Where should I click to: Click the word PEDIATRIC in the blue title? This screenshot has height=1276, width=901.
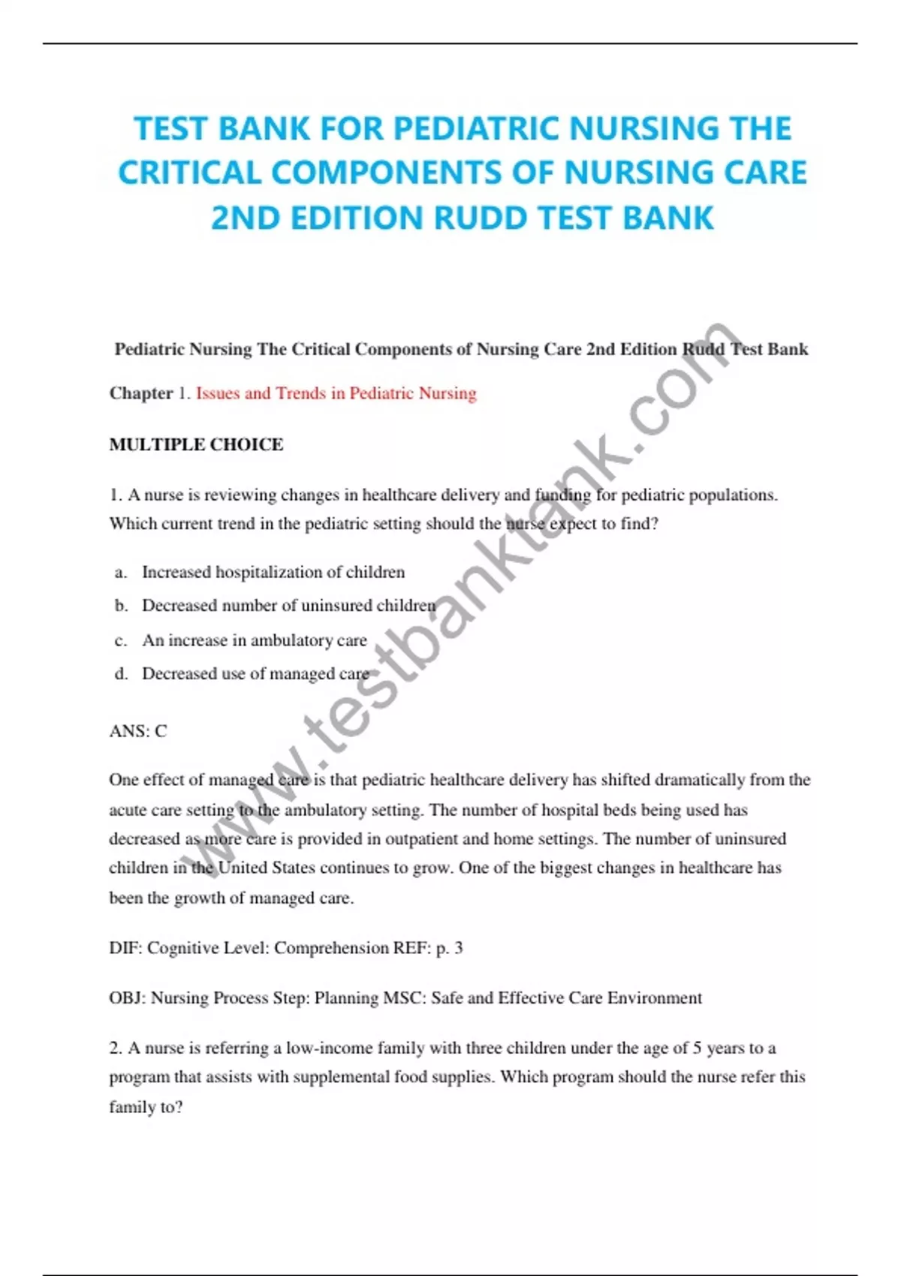(478, 128)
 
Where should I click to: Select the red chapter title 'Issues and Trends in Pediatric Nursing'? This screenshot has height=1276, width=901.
(336, 393)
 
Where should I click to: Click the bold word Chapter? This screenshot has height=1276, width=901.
(141, 393)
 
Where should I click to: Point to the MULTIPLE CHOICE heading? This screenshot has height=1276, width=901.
(196, 444)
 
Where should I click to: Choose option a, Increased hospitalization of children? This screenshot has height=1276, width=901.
(273, 572)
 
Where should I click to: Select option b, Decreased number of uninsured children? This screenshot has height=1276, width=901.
(288, 606)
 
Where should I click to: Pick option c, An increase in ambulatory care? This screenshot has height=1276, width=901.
(254, 640)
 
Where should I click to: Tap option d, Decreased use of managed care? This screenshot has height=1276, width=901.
(255, 674)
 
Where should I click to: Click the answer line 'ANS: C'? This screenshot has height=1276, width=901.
(138, 731)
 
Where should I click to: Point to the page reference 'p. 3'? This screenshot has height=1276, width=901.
(449, 948)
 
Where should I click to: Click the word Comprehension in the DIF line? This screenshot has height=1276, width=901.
(331, 948)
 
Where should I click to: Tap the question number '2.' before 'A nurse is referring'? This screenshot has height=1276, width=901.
(116, 1048)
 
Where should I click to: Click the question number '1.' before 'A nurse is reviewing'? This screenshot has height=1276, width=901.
(116, 495)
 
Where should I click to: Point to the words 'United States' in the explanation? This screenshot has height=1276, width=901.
(266, 868)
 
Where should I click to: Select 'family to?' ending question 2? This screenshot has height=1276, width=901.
(146, 1107)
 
